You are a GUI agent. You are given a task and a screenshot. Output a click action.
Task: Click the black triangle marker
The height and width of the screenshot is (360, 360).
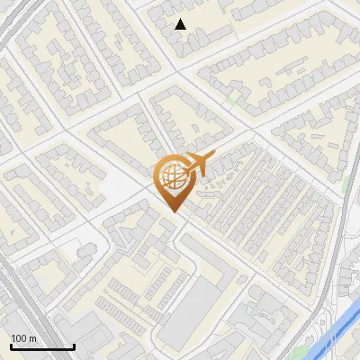[181, 24]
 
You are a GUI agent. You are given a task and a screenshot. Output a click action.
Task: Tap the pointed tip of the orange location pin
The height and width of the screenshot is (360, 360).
[173, 211]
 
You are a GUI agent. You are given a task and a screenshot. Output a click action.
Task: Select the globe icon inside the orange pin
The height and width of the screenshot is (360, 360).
[171, 177]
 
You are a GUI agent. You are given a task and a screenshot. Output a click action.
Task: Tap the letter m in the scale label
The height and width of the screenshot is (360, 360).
[33, 338]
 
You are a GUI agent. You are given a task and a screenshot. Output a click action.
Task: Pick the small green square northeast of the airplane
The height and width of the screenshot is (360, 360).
[236, 94]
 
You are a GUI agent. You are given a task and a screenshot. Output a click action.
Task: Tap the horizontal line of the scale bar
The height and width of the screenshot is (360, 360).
[41, 346]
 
